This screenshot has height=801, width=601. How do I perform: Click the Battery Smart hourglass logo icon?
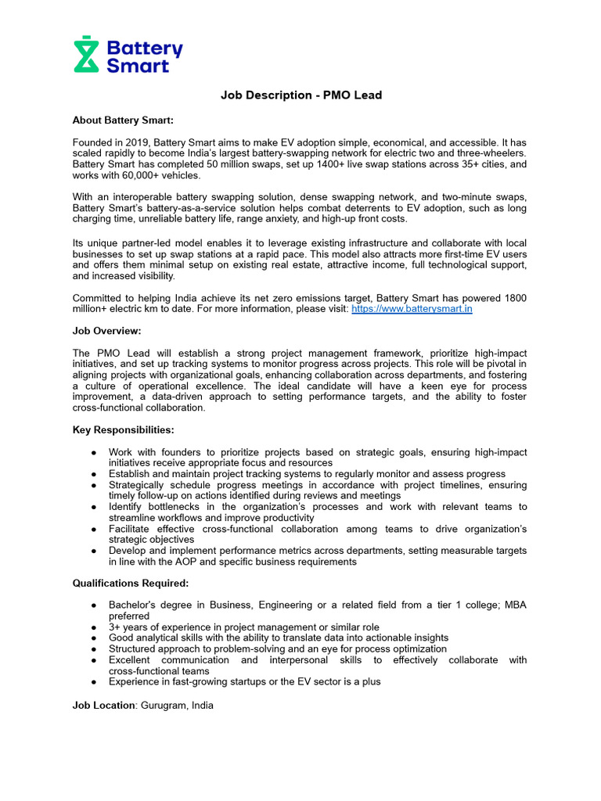tap(87, 54)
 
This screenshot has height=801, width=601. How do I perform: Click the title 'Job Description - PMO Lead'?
tap(300, 95)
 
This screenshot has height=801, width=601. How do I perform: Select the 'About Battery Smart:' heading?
tap(123, 120)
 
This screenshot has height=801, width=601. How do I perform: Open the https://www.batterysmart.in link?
tap(412, 309)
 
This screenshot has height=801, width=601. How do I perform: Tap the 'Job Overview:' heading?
tap(106, 331)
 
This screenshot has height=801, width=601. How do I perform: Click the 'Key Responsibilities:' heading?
tap(123, 430)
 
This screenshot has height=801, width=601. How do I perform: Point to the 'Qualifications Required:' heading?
tap(130, 583)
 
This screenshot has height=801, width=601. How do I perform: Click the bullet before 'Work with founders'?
tap(94, 452)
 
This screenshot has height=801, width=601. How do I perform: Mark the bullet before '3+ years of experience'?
tap(94, 627)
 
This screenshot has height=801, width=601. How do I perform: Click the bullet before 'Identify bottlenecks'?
tap(94, 507)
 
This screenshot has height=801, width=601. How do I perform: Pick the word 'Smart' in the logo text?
tap(138, 66)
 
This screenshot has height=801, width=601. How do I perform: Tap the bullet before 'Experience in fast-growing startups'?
tap(94, 681)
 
